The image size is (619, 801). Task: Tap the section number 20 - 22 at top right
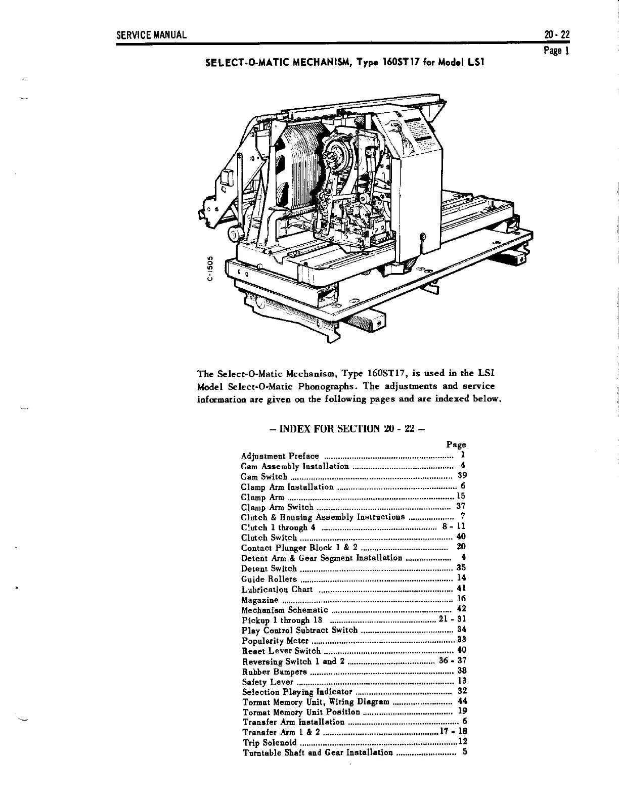(557, 35)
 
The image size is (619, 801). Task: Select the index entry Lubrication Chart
(277, 589)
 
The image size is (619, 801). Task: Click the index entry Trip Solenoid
(269, 743)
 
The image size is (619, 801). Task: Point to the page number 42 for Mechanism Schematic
(461, 609)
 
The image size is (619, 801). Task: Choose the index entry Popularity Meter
(275, 641)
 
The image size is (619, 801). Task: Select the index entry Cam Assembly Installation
(295, 466)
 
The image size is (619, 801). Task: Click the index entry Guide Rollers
(269, 579)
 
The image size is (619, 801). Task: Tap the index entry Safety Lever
(268, 682)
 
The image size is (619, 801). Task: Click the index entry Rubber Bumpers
(275, 672)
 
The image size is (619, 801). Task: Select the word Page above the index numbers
(456, 444)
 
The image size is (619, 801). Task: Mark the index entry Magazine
(260, 600)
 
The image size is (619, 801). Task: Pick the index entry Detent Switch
(269, 568)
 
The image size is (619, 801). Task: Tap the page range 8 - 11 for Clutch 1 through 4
(454, 527)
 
